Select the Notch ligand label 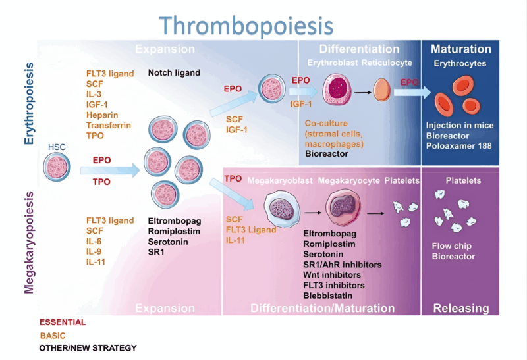pos(174,73)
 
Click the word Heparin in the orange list pos(103,115)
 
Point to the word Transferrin pos(109,125)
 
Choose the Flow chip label pos(449,247)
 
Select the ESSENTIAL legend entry pos(63,322)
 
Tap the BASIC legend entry pos(53,335)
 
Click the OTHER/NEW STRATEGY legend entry pos(88,347)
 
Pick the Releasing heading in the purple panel pos(461,308)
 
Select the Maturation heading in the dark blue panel pos(461,49)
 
